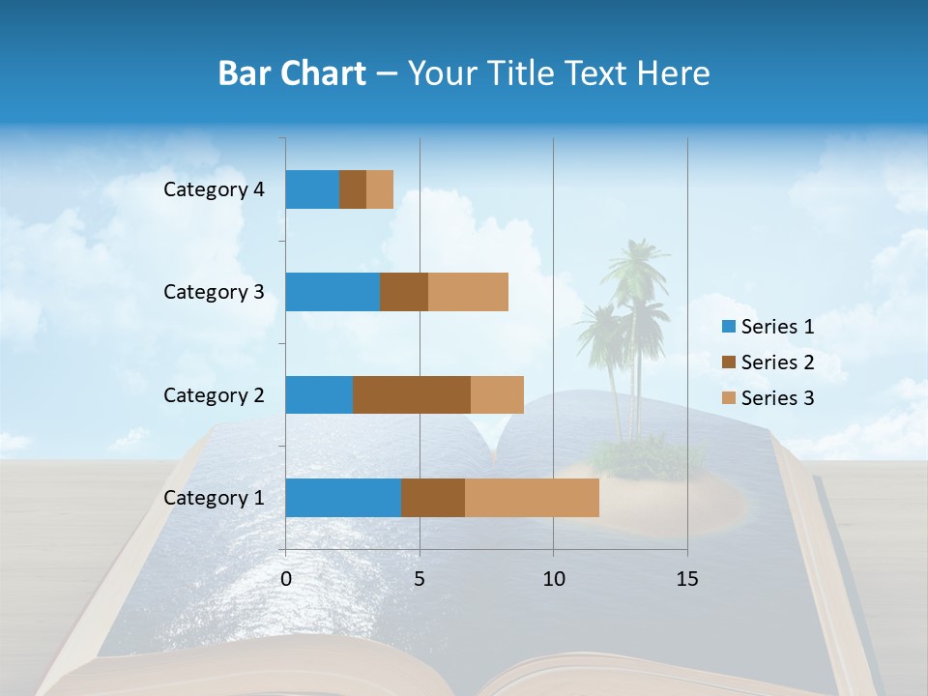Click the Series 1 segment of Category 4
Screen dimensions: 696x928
[x=312, y=189]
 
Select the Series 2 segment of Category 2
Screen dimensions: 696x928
[x=412, y=394]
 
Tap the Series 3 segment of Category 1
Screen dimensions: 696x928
[x=532, y=498]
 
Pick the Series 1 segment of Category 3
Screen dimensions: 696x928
[x=333, y=292]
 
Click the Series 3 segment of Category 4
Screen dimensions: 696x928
[x=380, y=189]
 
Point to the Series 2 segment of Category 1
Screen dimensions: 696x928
[x=433, y=498]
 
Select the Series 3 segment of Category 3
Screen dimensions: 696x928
[x=468, y=292]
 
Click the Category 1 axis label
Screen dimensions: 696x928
[x=214, y=498]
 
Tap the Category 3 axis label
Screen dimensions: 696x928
[x=214, y=292]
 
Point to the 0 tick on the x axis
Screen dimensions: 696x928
[x=286, y=579]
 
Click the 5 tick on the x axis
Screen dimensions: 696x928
[x=420, y=579]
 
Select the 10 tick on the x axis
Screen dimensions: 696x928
[x=553, y=579]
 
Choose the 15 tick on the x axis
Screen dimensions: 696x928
[x=687, y=579]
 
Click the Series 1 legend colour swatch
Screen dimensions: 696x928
[x=728, y=327]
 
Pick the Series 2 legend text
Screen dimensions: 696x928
[x=777, y=362]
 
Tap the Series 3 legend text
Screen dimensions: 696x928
[x=777, y=398]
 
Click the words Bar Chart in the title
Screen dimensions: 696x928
[x=292, y=73]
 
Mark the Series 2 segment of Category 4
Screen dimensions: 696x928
[x=353, y=189]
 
